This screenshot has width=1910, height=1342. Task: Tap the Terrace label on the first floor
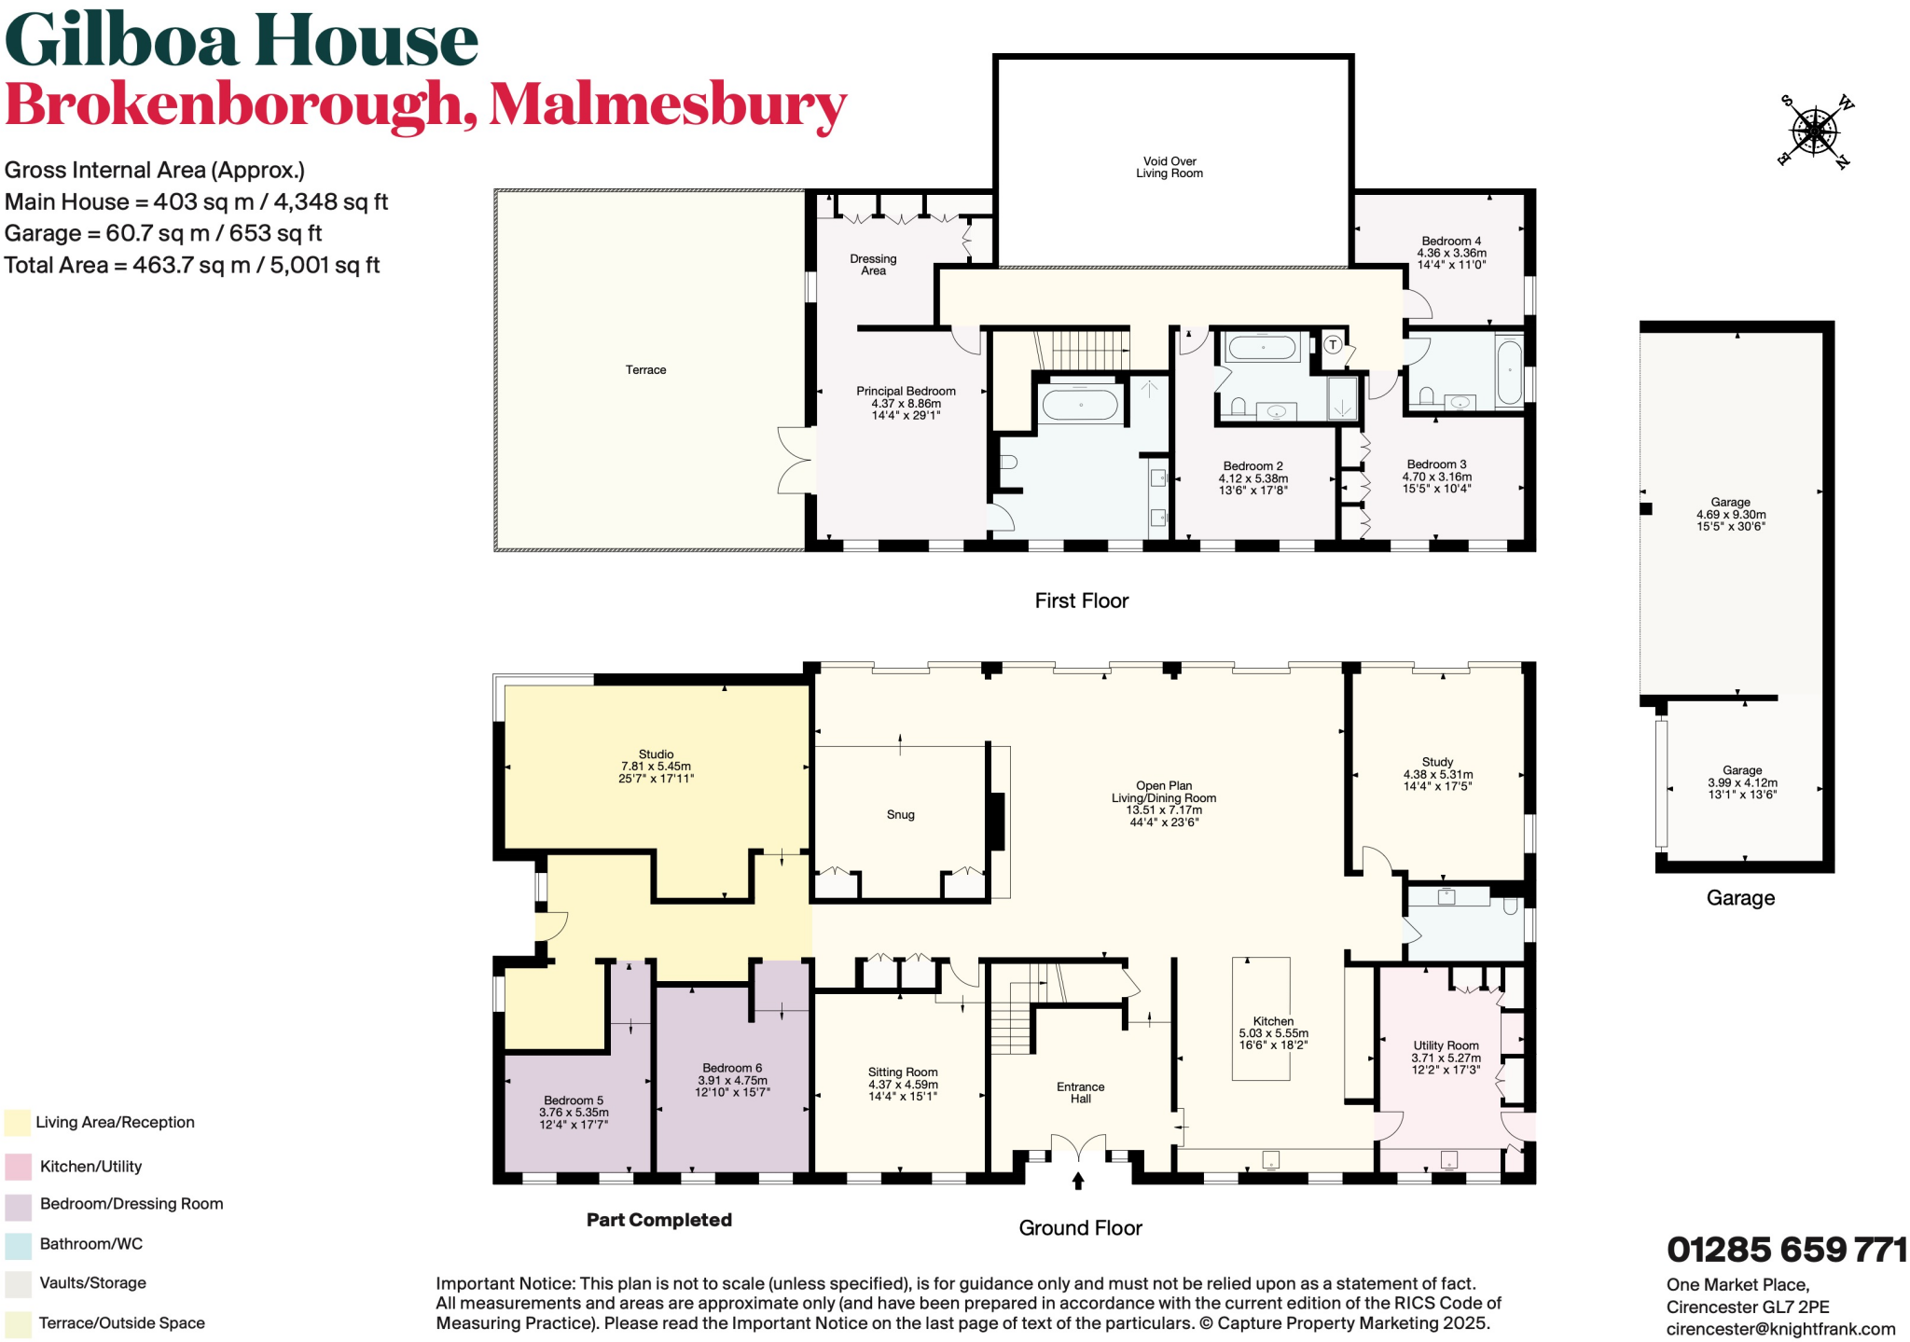click(645, 370)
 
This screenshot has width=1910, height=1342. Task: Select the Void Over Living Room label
click(1170, 167)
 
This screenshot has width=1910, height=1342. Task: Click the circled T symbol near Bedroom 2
click(1333, 345)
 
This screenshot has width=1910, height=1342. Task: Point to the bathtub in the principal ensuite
click(1080, 406)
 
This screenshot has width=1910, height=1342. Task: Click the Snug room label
click(900, 815)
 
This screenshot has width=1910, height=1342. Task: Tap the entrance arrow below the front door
click(1078, 1181)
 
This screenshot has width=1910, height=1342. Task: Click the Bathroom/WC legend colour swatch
click(18, 1245)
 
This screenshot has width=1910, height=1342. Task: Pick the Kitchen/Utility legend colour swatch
click(18, 1167)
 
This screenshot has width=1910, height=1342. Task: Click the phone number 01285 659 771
click(1786, 1250)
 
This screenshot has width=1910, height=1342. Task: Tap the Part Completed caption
click(658, 1220)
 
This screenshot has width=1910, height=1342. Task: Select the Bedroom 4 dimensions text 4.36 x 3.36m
click(1451, 253)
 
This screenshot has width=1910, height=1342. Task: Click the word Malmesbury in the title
click(668, 104)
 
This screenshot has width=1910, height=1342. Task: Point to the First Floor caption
click(1081, 601)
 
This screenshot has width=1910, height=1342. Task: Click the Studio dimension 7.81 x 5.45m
click(656, 767)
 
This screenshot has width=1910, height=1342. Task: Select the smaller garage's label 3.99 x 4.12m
click(1742, 783)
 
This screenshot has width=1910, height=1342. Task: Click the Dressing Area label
click(873, 265)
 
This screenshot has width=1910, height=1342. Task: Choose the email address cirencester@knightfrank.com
click(1780, 1329)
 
